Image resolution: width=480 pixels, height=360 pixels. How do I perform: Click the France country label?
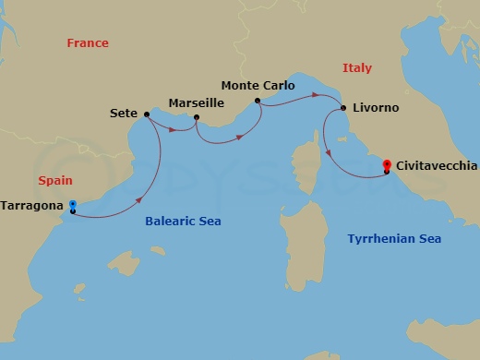(88, 43)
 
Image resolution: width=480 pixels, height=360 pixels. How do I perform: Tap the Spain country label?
(55, 182)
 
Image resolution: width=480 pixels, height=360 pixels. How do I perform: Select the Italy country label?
(356, 68)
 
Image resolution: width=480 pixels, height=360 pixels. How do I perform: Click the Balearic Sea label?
(184, 222)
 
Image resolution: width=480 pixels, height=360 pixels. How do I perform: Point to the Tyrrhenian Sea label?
(394, 239)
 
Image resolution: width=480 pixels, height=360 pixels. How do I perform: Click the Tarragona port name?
(33, 205)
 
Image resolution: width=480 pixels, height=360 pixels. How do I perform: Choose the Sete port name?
(123, 115)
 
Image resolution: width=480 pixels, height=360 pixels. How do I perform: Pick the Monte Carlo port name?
(258, 86)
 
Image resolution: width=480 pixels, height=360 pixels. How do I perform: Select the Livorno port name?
(376, 108)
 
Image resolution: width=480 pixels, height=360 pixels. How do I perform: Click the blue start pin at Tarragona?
(73, 206)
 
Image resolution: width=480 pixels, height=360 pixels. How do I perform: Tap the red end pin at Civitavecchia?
(387, 163)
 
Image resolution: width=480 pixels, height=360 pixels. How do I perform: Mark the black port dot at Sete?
(147, 114)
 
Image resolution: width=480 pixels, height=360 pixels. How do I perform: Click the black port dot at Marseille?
(197, 116)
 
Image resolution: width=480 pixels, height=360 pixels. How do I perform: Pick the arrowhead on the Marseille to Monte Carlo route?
(240, 138)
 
